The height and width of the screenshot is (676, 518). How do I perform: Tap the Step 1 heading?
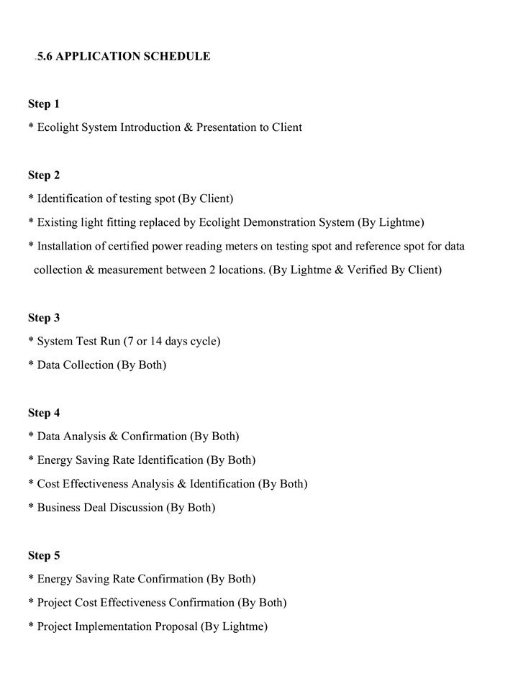(x=44, y=104)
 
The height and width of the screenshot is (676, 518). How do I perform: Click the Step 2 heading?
(x=44, y=175)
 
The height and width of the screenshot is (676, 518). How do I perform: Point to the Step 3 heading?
(x=44, y=318)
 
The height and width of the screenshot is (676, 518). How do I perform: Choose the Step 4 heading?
(x=44, y=413)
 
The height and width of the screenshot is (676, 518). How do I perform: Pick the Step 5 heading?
(x=44, y=555)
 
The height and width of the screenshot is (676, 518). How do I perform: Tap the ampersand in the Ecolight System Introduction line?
(x=188, y=128)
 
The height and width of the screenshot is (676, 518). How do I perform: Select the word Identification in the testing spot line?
(x=71, y=198)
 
